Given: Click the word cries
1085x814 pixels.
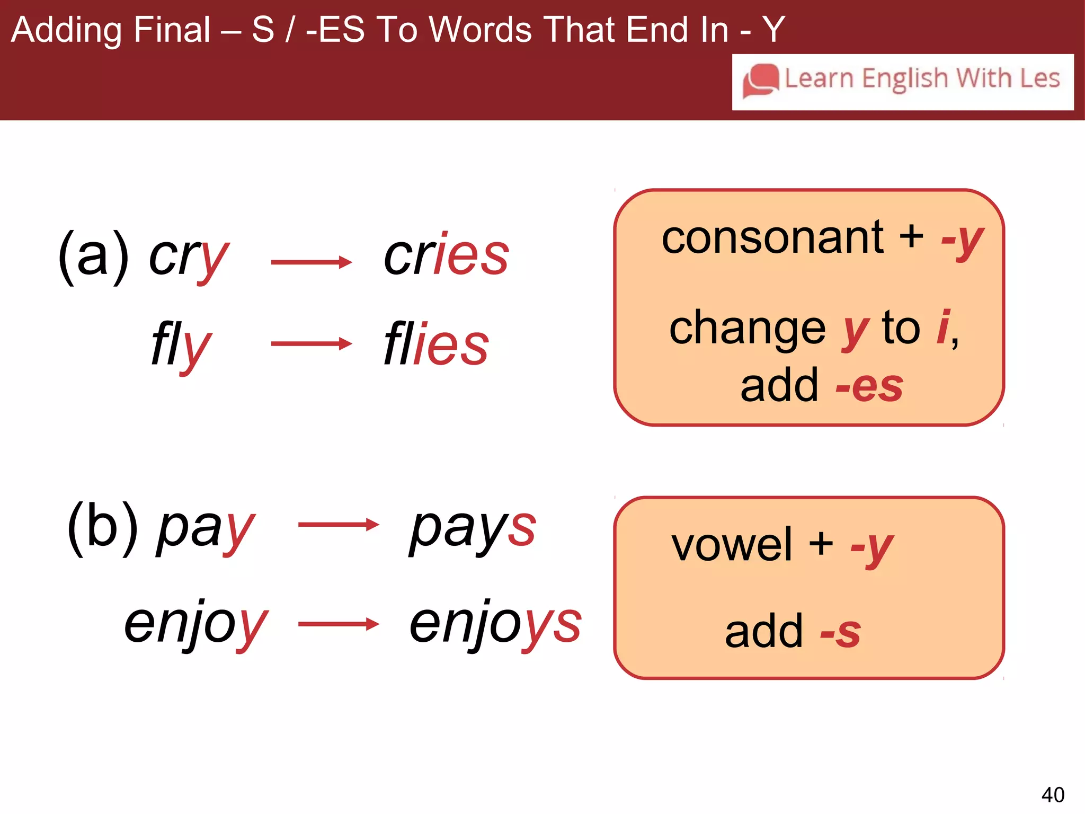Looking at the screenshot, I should (446, 255).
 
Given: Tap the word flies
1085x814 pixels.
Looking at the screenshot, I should (436, 345).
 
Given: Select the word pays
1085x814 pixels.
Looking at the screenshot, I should (473, 528).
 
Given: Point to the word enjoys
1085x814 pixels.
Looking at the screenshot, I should (495, 624).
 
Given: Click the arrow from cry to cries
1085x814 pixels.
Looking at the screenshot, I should (312, 262).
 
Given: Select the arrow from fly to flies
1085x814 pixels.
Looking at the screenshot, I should (312, 344).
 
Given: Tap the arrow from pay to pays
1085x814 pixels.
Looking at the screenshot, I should (339, 525).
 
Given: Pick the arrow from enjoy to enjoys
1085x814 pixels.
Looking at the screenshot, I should (339, 624).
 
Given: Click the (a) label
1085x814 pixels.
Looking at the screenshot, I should (93, 256).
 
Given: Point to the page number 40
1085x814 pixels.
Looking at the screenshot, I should (1053, 794).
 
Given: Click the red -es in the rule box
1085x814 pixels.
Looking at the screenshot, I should (869, 386).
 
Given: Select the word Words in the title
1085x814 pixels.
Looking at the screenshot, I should (480, 30).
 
